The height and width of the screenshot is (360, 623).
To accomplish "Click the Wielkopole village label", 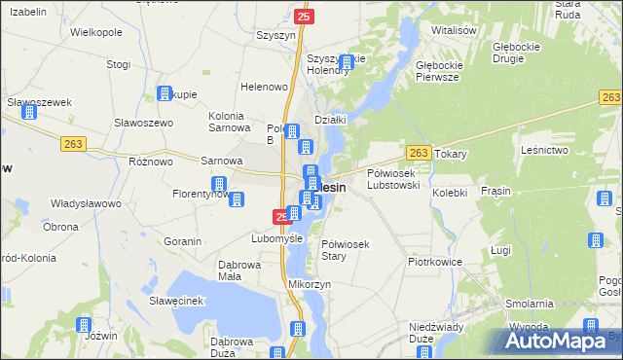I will [96, 32].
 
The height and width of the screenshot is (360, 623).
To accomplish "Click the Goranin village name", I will [182, 241].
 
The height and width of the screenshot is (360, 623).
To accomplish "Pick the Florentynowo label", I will [202, 193].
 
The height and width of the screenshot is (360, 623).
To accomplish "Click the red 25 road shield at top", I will [305, 17].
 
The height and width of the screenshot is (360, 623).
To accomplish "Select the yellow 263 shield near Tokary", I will [419, 153].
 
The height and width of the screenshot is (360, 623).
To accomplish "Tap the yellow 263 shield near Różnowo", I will [74, 143].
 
